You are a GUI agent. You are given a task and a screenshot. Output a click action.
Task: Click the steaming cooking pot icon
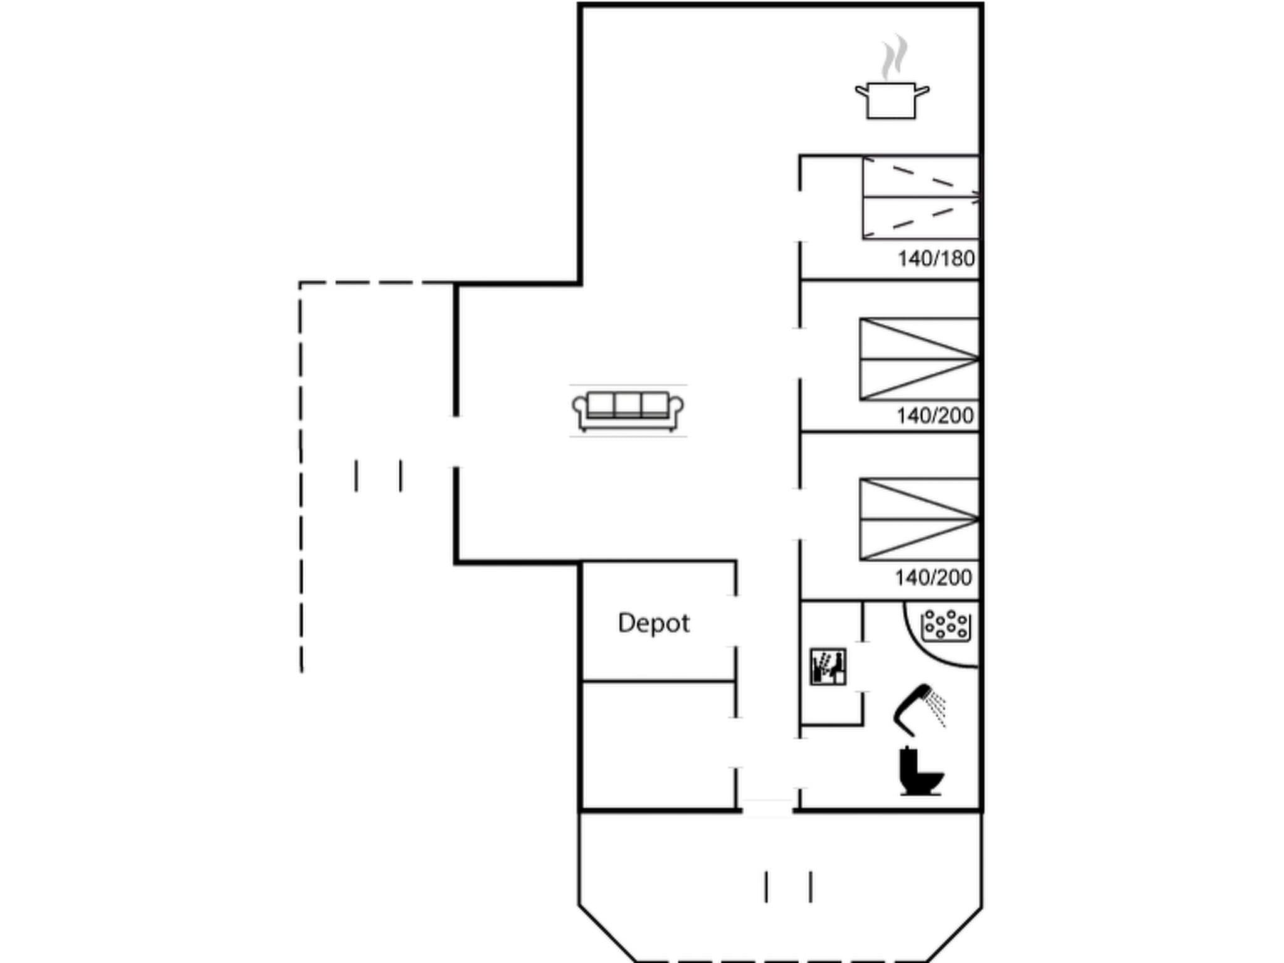(892, 100)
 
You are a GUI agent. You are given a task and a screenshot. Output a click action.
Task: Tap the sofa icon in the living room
(628, 411)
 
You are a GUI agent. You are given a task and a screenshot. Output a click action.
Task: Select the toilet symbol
(920, 772)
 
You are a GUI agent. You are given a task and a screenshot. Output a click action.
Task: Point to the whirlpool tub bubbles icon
(946, 625)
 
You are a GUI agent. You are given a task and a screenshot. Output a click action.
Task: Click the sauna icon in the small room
(828, 666)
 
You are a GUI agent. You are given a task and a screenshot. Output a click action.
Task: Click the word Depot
(653, 623)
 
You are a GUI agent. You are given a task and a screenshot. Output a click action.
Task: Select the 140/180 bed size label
(936, 258)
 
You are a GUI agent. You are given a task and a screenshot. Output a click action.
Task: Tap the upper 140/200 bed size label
(935, 416)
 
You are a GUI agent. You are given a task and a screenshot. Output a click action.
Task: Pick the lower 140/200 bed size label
(933, 577)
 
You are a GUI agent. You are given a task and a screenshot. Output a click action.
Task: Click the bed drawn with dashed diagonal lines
(920, 197)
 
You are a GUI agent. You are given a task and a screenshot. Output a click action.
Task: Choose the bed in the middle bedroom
(919, 359)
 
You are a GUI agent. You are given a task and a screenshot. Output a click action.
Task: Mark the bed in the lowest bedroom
(919, 519)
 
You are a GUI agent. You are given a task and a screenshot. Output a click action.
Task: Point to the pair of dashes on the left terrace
(379, 476)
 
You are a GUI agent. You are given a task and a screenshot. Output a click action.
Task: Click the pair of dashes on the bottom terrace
(788, 887)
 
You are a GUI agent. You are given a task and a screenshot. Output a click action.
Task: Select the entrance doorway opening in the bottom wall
(767, 809)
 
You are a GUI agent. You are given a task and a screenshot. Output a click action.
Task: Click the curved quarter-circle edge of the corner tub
(922, 651)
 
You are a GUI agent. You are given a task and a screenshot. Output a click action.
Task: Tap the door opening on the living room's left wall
(456, 441)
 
